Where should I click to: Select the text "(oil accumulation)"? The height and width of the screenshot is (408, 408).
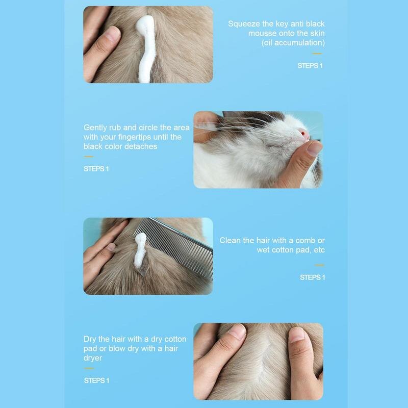tap(293, 42)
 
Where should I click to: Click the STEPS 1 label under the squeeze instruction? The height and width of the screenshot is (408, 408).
tap(310, 66)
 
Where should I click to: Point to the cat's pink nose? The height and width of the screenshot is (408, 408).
tap(304, 135)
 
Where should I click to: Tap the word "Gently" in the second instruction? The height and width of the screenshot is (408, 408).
tap(95, 127)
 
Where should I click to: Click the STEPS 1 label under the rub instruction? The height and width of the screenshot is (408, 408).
tap(96, 169)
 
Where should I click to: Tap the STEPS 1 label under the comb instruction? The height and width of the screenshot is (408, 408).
tap(312, 277)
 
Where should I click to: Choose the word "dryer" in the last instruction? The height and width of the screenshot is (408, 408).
tap(93, 358)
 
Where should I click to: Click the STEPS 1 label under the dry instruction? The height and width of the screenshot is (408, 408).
tap(96, 380)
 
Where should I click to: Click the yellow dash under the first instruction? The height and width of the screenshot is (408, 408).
tap(317, 54)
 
